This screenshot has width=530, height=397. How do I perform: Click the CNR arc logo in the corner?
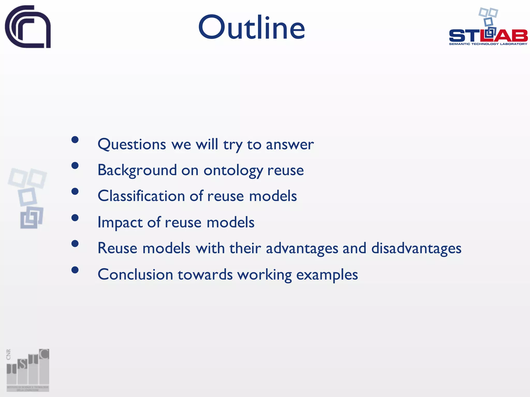click(28, 27)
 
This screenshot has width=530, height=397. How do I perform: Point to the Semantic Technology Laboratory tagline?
click(488, 44)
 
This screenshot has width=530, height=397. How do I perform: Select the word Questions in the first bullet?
click(132, 144)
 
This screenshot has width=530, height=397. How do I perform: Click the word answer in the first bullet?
click(290, 144)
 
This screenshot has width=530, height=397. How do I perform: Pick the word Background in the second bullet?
click(137, 170)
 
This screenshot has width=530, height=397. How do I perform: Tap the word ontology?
click(233, 171)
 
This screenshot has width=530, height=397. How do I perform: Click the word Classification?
click(141, 196)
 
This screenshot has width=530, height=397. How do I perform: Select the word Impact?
click(120, 222)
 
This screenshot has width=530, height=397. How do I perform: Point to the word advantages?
click(302, 248)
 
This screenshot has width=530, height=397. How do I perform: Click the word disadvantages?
click(416, 248)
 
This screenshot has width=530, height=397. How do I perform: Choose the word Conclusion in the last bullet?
click(135, 274)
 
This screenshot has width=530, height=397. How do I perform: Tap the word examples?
click(327, 275)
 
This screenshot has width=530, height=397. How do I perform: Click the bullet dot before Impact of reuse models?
click(75, 218)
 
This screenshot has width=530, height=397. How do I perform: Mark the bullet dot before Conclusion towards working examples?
click(75, 270)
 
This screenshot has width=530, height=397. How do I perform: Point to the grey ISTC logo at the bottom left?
click(28, 370)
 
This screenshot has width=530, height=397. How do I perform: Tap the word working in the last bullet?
click(264, 275)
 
